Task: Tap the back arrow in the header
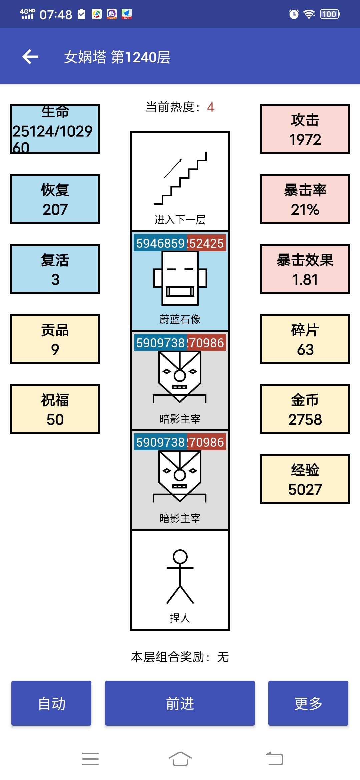[x=30, y=57]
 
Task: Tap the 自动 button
[x=51, y=703]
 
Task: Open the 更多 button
[x=308, y=703]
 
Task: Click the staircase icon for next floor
[x=180, y=178]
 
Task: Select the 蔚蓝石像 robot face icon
[x=180, y=278]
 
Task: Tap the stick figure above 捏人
[x=180, y=577]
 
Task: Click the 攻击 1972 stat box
[x=305, y=129]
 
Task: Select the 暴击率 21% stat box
[x=305, y=199]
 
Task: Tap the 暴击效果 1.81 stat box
[x=305, y=269]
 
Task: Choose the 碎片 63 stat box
[x=305, y=339]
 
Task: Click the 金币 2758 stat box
[x=305, y=409]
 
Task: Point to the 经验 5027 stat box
[x=305, y=479]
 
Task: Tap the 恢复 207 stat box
[x=55, y=199]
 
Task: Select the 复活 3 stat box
[x=55, y=269]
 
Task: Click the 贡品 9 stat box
[x=55, y=339]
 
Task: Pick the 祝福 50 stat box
[x=55, y=409]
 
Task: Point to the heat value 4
[x=210, y=107]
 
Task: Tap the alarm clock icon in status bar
[x=294, y=14]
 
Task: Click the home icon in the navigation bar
[x=180, y=759]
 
